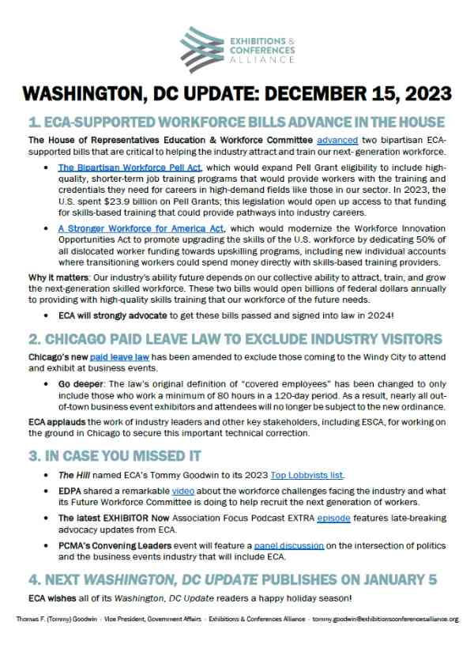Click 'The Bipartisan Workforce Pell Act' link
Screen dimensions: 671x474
click(130, 168)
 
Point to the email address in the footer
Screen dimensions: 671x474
click(386, 619)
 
